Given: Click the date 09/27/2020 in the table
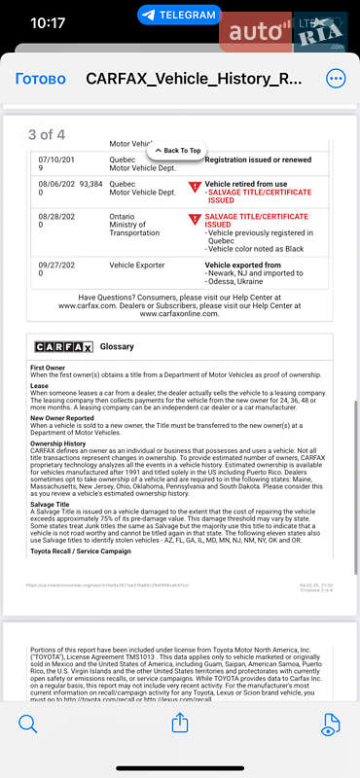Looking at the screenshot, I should [x=55, y=269].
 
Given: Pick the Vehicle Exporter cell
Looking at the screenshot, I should [x=137, y=265].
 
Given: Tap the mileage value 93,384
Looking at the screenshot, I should [x=90, y=183].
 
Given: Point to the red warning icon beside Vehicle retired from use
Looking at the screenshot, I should [x=195, y=186].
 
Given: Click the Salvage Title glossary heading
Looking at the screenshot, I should [x=50, y=505].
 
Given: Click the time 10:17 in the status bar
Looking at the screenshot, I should [x=48, y=21].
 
